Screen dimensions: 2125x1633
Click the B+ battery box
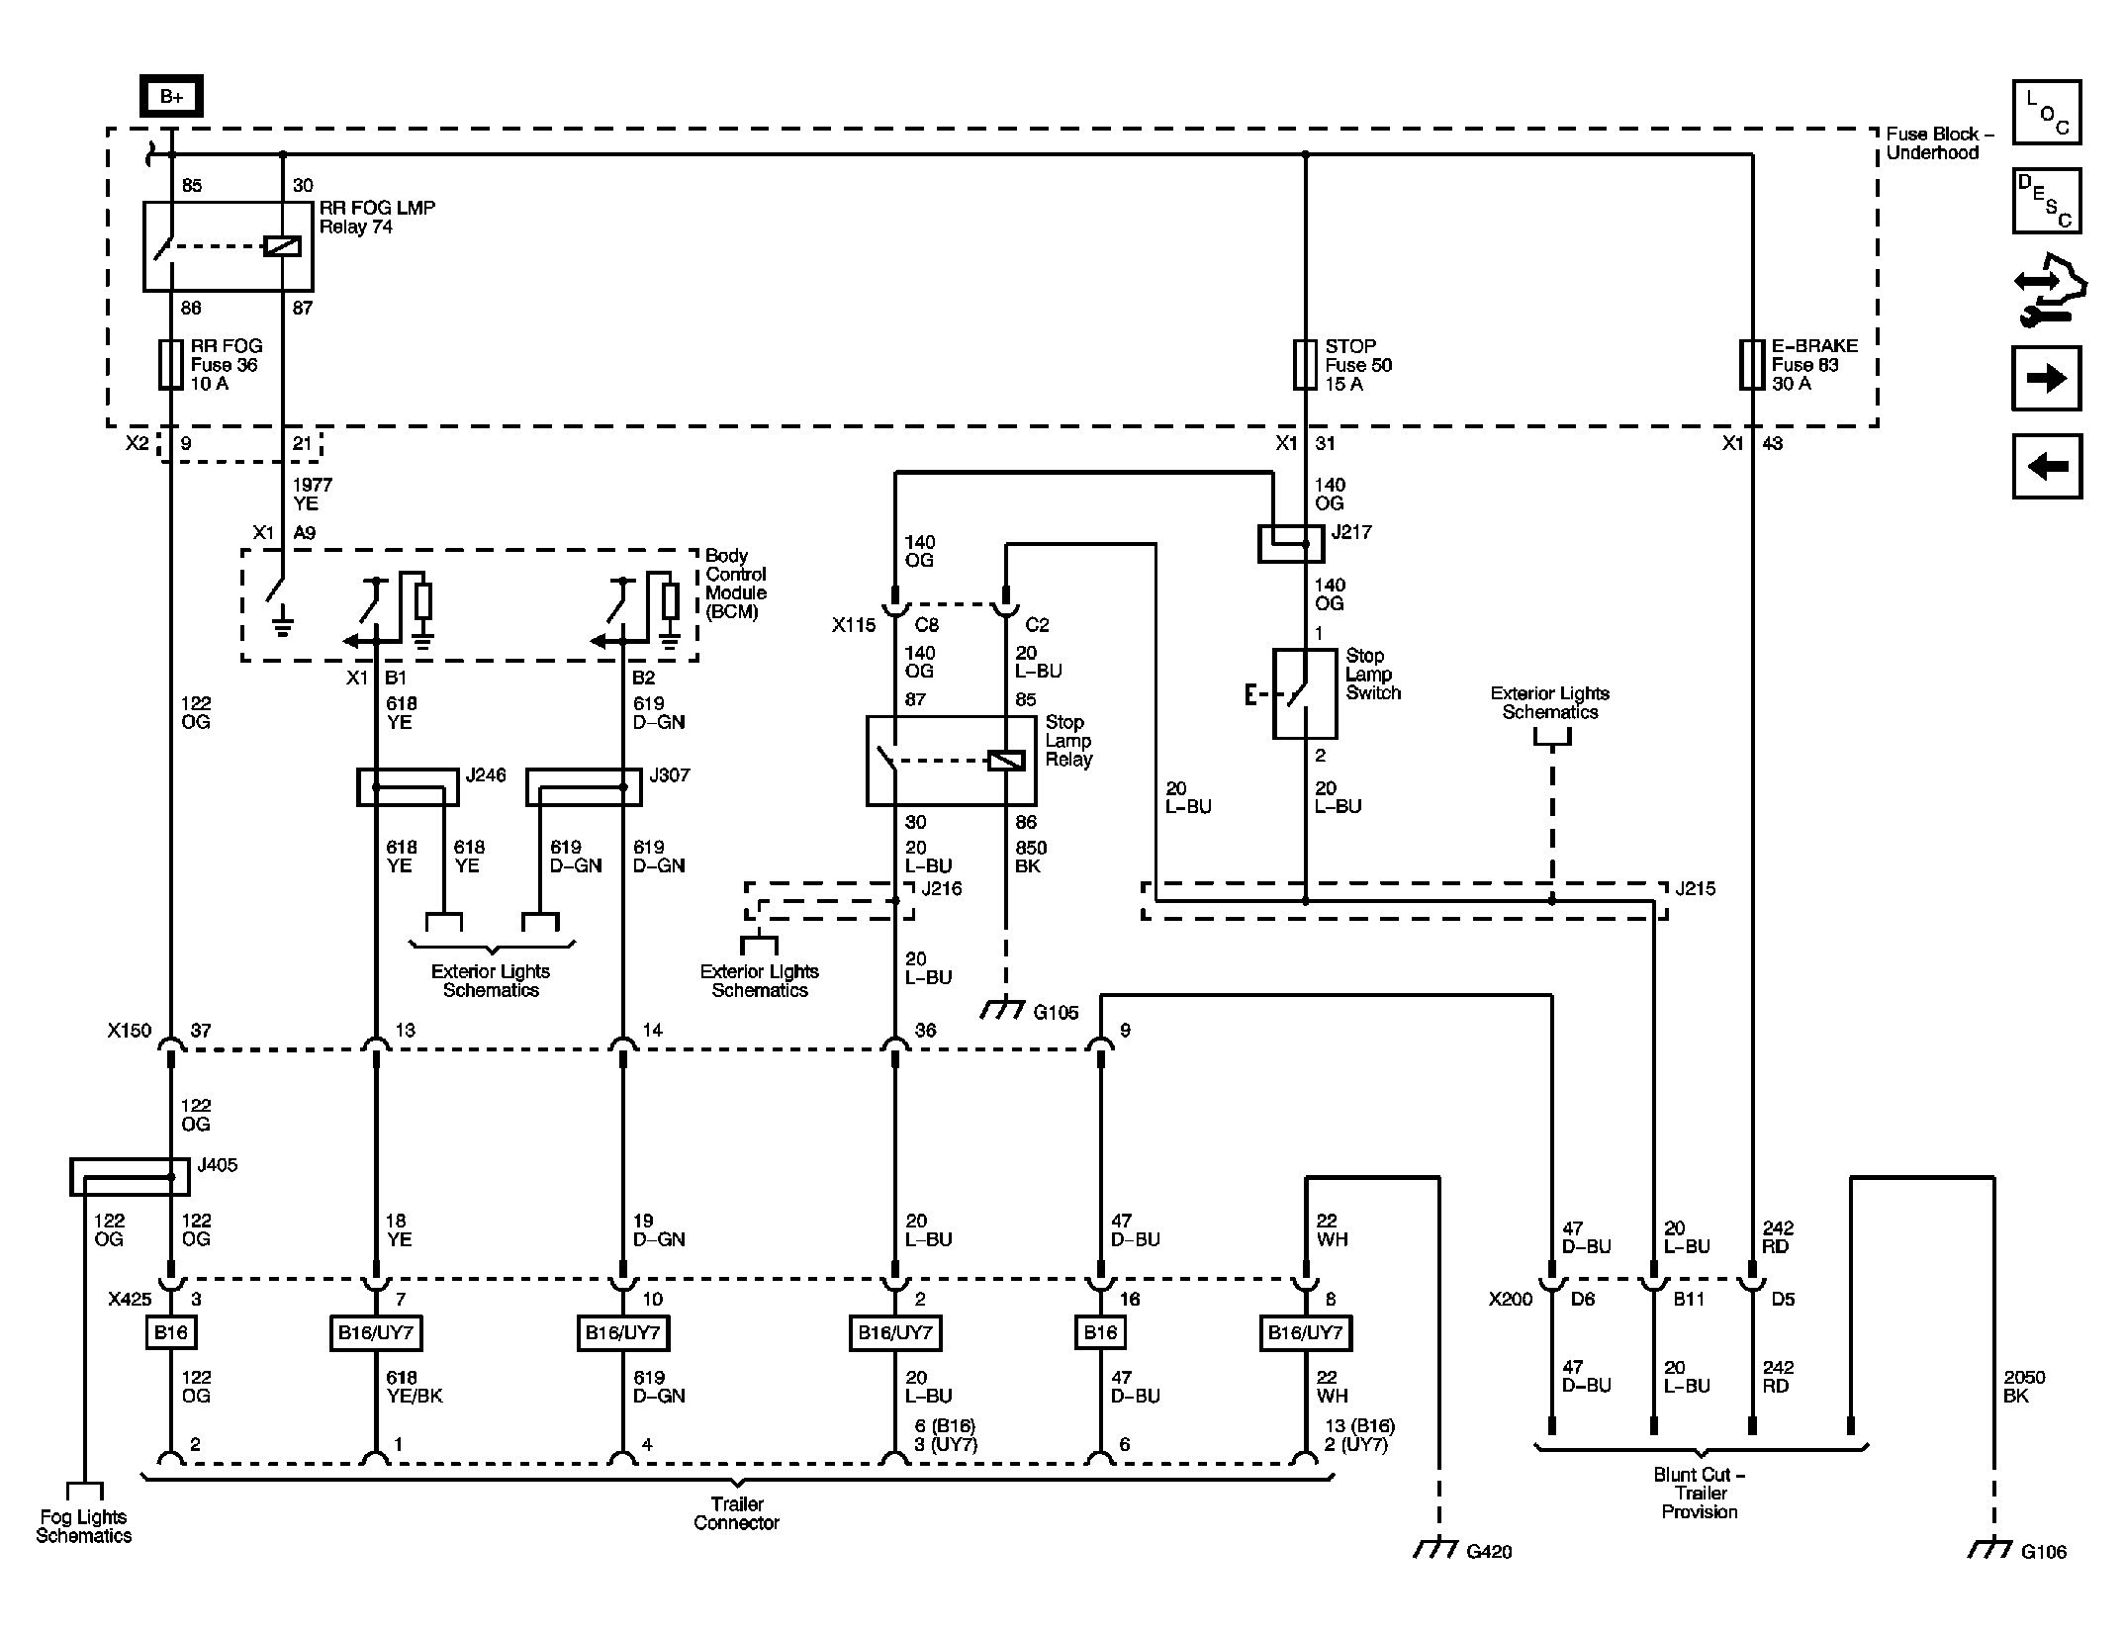click(x=171, y=96)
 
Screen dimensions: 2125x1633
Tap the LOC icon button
click(x=2047, y=113)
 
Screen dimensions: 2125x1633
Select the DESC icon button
click(x=2047, y=201)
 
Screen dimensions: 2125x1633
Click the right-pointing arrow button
click(x=2047, y=378)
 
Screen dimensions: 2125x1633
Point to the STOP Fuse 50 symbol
click(x=1305, y=365)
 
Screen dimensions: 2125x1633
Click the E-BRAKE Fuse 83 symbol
click(x=1751, y=365)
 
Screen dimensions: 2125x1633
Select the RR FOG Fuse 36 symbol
click(x=171, y=365)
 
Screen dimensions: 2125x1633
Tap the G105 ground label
click(x=1056, y=1013)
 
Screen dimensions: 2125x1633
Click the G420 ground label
click(x=1489, y=1552)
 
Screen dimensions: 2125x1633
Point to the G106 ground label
click(x=2044, y=1552)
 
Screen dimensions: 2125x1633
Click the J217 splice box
click(x=1291, y=544)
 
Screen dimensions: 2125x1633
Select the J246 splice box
click(x=408, y=787)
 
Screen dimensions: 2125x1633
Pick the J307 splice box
click(x=584, y=787)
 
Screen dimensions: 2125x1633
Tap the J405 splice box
click(x=130, y=1177)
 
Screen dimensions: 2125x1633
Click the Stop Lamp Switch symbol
click(x=1304, y=693)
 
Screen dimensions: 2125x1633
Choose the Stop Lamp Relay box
click(x=952, y=761)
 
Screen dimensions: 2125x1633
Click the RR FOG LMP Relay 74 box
click(x=229, y=246)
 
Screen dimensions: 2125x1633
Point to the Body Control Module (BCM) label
click(x=736, y=584)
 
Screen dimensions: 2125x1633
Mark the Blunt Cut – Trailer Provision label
click(x=1700, y=1493)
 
